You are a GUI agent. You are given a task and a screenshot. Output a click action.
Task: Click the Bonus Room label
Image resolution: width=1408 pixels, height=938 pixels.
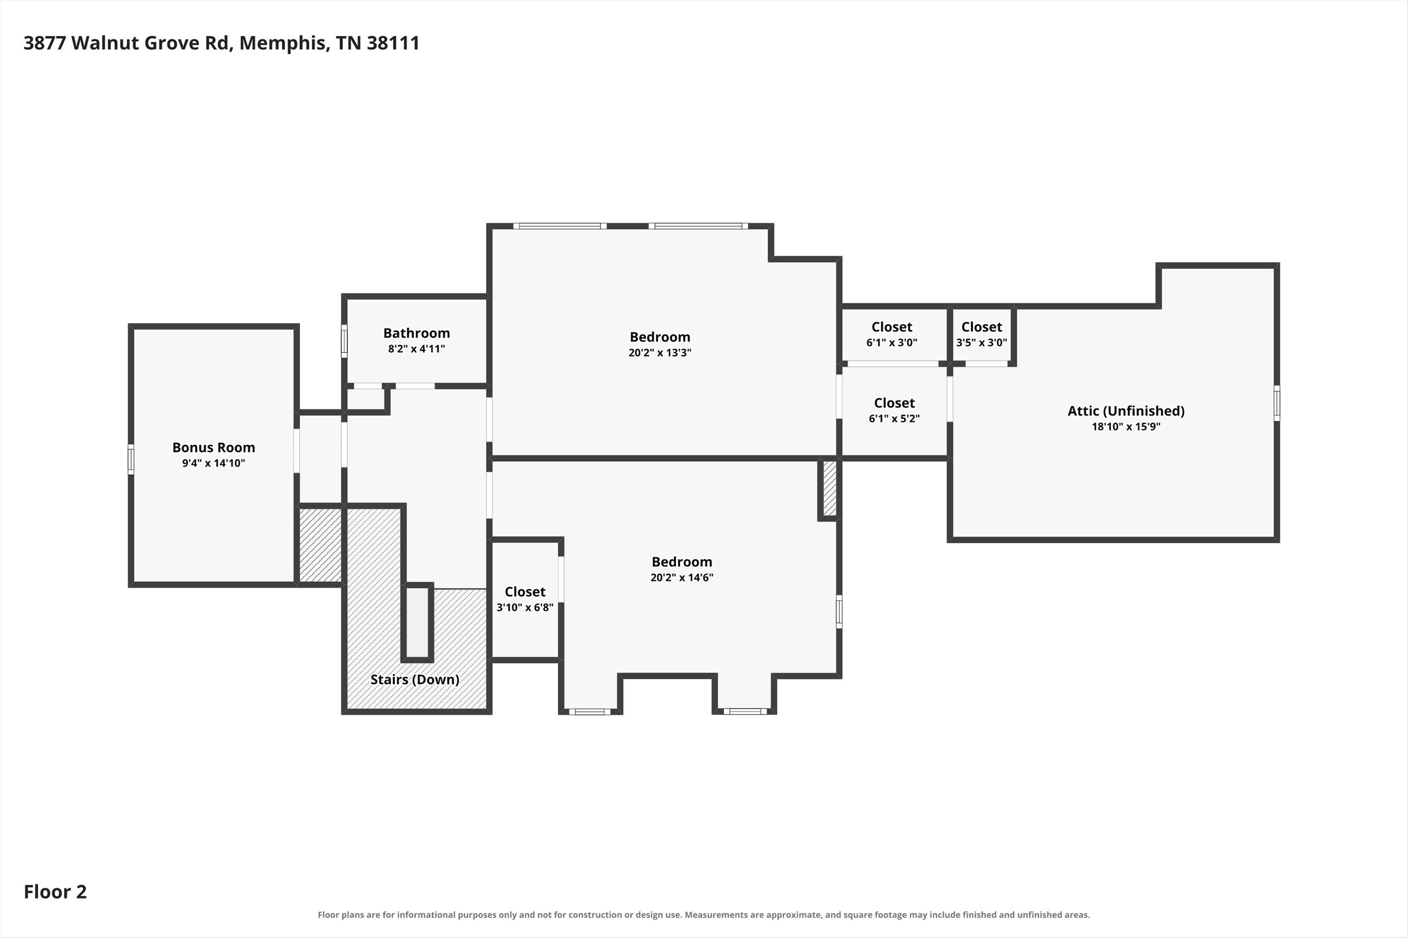coord(214,447)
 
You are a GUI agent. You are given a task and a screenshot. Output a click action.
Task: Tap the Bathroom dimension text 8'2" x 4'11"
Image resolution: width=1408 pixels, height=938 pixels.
coord(417,349)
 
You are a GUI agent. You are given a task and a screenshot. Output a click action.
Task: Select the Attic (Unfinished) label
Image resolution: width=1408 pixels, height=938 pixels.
coord(1126,411)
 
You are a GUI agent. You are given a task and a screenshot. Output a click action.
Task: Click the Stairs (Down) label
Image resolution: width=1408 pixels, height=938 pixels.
coord(415,680)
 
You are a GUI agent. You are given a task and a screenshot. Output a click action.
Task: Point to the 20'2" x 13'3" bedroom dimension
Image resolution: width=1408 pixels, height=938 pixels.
coord(660,352)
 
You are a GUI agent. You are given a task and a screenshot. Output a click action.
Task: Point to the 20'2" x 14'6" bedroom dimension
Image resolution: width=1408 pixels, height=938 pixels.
coord(682,577)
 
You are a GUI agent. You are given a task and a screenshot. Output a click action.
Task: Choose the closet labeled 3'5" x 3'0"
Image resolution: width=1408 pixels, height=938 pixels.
coord(982,335)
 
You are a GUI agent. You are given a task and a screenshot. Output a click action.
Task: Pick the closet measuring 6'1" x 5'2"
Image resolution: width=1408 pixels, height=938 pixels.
coord(894,410)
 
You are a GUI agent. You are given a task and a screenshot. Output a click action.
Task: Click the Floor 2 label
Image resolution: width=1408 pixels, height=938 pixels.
coord(55,892)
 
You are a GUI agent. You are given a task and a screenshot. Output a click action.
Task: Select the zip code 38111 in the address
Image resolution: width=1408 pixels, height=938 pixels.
coord(393,43)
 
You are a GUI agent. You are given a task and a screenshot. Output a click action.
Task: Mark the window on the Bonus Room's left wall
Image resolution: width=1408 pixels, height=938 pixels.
coord(131,459)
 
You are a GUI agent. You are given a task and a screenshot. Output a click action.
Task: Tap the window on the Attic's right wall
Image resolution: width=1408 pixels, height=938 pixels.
coord(1277,403)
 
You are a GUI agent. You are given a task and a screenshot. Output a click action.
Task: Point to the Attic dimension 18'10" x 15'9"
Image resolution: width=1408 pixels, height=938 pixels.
coord(1126,426)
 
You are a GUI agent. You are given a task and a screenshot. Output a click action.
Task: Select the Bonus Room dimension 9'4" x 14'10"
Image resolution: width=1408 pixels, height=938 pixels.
coord(214,463)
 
